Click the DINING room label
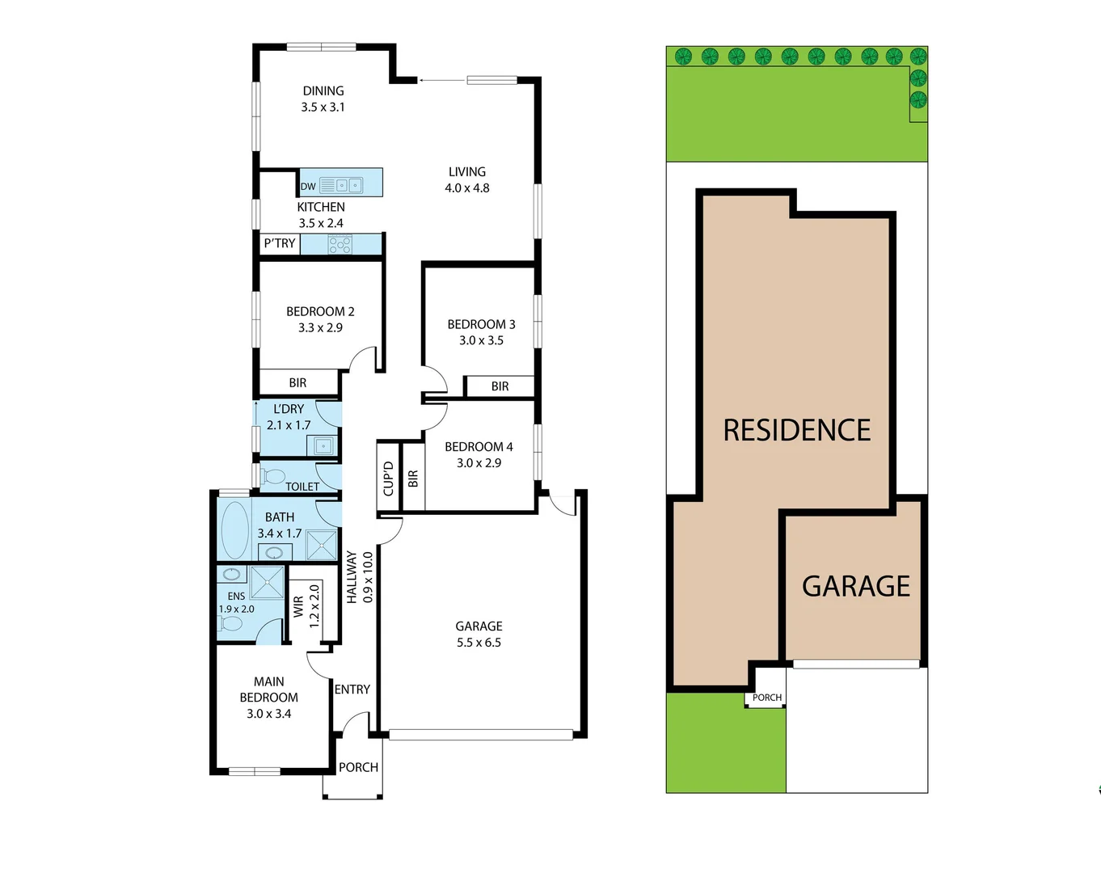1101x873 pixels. (323, 91)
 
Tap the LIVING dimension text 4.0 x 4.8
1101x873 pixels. (467, 188)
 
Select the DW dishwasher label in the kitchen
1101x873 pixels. (308, 187)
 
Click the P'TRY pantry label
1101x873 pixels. (280, 243)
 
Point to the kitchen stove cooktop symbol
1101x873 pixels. (340, 244)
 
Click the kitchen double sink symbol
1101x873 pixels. (348, 185)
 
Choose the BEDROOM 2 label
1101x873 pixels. (320, 311)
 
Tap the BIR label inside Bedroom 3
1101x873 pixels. (500, 386)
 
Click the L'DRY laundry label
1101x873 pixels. (289, 409)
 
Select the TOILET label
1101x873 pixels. (302, 487)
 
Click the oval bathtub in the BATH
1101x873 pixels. (235, 530)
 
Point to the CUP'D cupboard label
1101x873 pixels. (389, 479)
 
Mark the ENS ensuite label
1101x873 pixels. (236, 597)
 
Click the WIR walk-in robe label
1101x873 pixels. (298, 606)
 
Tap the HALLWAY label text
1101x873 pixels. (352, 577)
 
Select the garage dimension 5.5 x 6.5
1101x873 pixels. (479, 643)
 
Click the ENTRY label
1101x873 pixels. (352, 690)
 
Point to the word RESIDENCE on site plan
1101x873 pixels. (797, 430)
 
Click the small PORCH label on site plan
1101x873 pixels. (767, 698)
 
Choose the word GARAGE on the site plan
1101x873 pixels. (856, 586)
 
